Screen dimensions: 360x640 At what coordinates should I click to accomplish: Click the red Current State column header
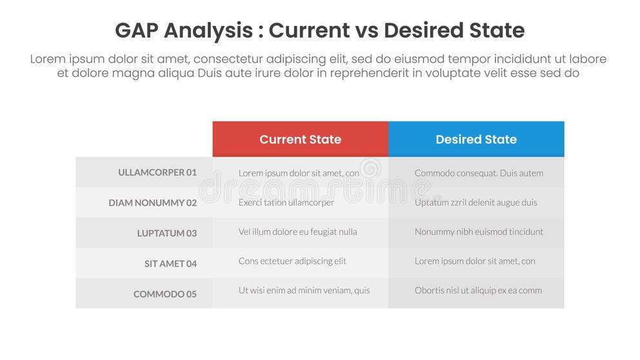[300, 139]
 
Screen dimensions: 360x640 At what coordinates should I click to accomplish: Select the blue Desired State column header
[476, 139]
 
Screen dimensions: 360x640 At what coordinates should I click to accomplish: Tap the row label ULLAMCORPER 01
[157, 172]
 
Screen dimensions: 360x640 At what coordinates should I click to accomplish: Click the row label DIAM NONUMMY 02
[152, 203]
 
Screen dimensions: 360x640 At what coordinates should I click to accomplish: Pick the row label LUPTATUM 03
[166, 233]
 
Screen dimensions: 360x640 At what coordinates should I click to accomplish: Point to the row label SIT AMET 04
[170, 263]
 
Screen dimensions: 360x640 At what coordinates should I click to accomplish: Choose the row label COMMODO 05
[165, 294]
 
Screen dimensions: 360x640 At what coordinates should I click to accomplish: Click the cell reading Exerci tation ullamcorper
[286, 203]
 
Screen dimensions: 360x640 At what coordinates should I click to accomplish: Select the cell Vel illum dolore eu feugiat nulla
[297, 232]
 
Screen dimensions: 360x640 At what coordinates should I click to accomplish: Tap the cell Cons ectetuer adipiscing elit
[292, 261]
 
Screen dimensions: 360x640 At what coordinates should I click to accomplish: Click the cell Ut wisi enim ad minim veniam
[304, 290]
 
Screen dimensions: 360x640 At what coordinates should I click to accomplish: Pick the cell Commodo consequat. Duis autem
[479, 173]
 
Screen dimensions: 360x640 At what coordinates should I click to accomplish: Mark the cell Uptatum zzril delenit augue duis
[475, 203]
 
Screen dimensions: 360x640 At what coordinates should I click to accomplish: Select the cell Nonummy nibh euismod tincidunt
[479, 232]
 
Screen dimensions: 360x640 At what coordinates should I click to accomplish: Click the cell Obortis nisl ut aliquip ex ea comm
[478, 290]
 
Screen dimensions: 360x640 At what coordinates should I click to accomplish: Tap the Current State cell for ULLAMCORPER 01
[299, 173]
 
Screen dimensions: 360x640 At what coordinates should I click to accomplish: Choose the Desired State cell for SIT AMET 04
[475, 261]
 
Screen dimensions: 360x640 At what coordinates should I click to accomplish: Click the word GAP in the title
[136, 30]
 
